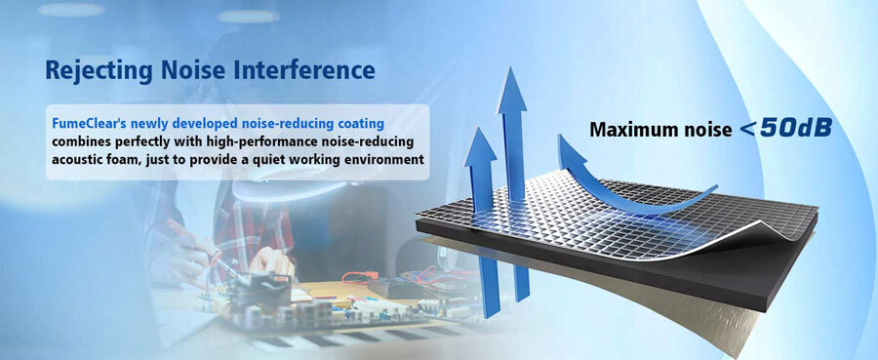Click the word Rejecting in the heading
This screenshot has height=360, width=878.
99,71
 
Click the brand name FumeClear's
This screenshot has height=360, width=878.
89,123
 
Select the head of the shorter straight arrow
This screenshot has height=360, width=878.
480,146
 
